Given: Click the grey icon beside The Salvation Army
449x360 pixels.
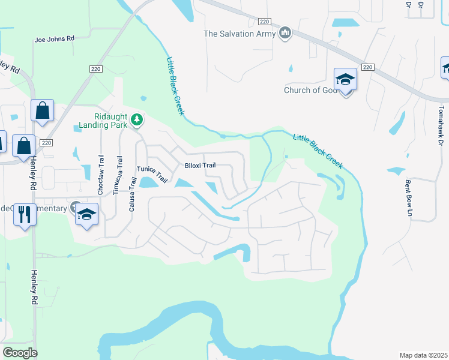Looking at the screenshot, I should pos(286,32).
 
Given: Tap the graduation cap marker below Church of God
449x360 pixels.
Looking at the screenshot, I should pos(345,79).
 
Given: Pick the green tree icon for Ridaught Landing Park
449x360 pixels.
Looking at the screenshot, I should pos(137,120).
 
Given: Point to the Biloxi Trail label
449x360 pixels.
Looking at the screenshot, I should pos(199,166).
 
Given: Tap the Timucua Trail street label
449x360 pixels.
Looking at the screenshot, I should pos(116,175).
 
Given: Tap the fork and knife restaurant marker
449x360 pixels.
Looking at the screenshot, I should pos(25,214).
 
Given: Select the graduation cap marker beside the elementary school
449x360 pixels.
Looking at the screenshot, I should pos(86,214).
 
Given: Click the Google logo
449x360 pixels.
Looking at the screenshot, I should pos(20,353).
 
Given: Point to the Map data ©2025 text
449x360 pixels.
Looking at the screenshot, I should pos(423,355).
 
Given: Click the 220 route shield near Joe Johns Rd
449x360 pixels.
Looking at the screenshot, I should pos(94,69).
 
